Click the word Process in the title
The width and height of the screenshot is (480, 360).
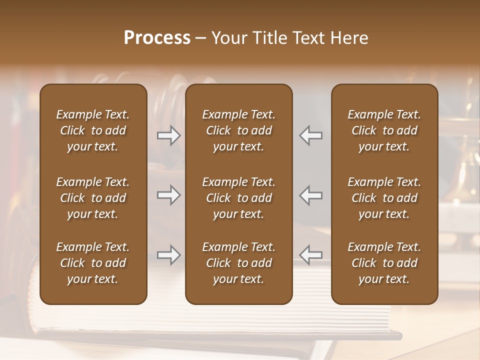157,38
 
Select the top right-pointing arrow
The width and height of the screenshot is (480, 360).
169,135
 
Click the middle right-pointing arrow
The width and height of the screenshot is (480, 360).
169,194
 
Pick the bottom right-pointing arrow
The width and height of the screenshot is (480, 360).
169,255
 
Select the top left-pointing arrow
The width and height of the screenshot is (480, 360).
311,135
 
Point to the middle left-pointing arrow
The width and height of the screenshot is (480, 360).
311,194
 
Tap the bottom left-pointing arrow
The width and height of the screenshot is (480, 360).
311,255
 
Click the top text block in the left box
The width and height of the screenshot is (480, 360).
93,130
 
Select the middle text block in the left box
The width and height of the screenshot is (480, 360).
93,198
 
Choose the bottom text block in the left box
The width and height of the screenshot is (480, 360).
93,263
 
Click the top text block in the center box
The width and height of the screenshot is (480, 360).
239,130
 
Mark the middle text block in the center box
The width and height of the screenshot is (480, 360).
239,198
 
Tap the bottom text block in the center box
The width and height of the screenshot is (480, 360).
239,263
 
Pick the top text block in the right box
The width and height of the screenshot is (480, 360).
384,130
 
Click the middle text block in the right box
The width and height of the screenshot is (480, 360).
384,198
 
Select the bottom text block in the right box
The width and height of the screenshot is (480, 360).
384,263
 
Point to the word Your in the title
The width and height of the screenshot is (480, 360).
228,38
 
